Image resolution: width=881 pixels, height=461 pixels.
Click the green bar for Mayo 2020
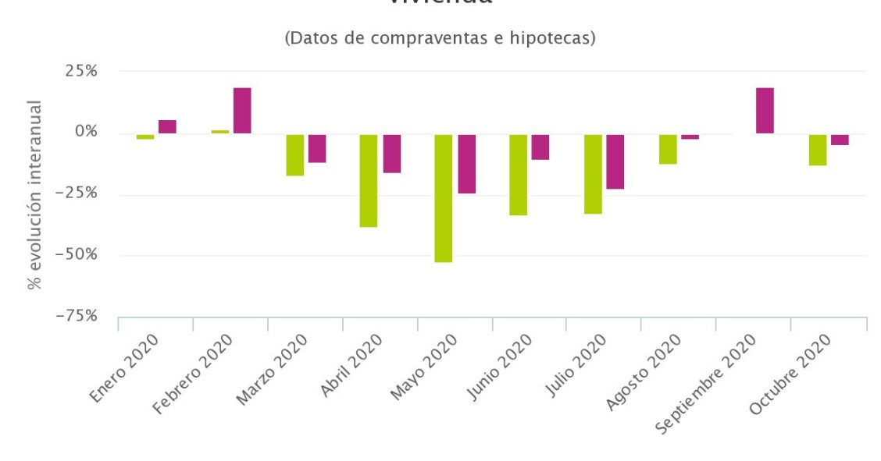click(444, 198)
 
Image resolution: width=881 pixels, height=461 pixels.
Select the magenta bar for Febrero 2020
click(242, 111)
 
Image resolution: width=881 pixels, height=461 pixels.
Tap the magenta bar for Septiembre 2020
click(765, 111)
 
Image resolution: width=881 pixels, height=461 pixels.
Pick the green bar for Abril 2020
click(369, 180)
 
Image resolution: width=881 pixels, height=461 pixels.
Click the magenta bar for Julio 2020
click(615, 161)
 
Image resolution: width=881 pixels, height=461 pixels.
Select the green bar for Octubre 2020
click(818, 150)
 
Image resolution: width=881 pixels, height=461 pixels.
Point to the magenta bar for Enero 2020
click(167, 126)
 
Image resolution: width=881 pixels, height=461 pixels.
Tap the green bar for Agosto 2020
click(668, 149)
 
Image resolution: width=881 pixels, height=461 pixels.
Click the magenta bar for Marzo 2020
click(316, 148)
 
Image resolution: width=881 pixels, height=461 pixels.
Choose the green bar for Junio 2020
click(519, 175)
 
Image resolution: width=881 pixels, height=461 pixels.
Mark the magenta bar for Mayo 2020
click(466, 164)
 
